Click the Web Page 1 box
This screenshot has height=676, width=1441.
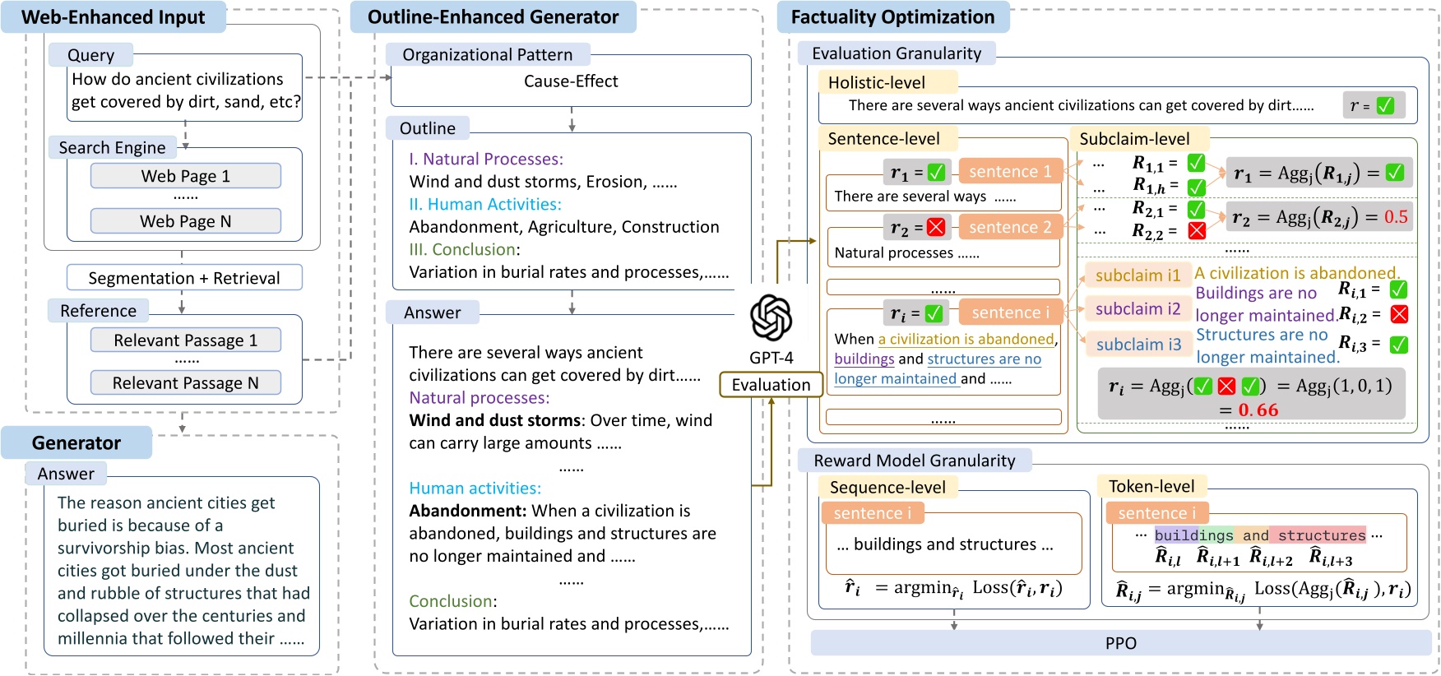(x=186, y=176)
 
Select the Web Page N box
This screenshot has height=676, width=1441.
(x=186, y=221)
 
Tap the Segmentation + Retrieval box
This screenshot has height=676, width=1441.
(x=184, y=278)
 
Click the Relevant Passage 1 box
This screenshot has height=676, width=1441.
(x=186, y=340)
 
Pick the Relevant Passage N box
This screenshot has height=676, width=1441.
(x=186, y=383)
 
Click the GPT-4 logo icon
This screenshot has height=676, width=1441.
(x=771, y=318)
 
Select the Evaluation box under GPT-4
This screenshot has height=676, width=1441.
(x=771, y=385)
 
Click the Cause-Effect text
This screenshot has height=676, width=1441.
(x=571, y=81)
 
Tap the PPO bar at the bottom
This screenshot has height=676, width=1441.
(x=1120, y=643)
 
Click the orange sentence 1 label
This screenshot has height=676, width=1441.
(x=1010, y=172)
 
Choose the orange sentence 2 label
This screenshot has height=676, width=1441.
(x=1010, y=227)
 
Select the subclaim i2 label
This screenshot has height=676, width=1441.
(x=1138, y=309)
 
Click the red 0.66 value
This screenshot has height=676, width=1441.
(x=1258, y=410)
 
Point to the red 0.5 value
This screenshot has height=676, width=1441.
(x=1396, y=217)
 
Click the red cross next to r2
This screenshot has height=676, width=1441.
(x=936, y=228)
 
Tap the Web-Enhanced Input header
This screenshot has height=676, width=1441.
(x=114, y=17)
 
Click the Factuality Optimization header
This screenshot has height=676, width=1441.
(x=892, y=17)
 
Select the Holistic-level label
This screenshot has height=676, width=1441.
(x=877, y=82)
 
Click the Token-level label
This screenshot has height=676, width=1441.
(x=1151, y=486)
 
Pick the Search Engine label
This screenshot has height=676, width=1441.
(x=113, y=148)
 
